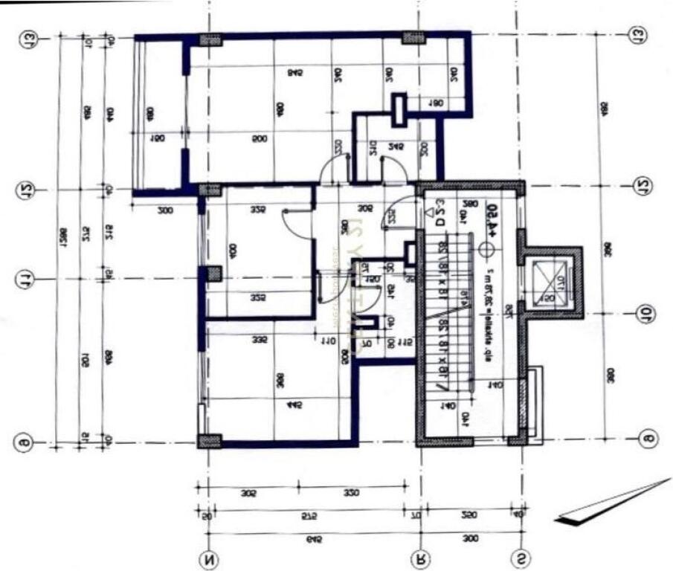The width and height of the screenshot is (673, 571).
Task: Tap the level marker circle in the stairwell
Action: point(488,250)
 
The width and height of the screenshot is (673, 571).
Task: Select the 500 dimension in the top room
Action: point(260,139)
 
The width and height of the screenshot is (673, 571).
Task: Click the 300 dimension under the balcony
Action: point(165,211)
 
